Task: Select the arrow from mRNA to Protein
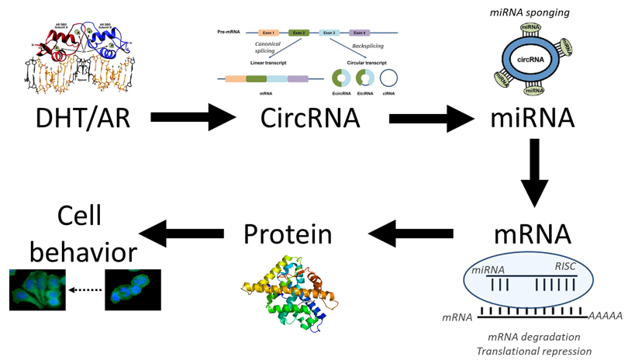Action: pyautogui.click(x=411, y=232)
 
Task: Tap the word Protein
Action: pyautogui.click(x=293, y=234)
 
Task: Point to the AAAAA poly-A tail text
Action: pyautogui.click(x=606, y=316)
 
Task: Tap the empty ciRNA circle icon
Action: pyautogui.click(x=390, y=78)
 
